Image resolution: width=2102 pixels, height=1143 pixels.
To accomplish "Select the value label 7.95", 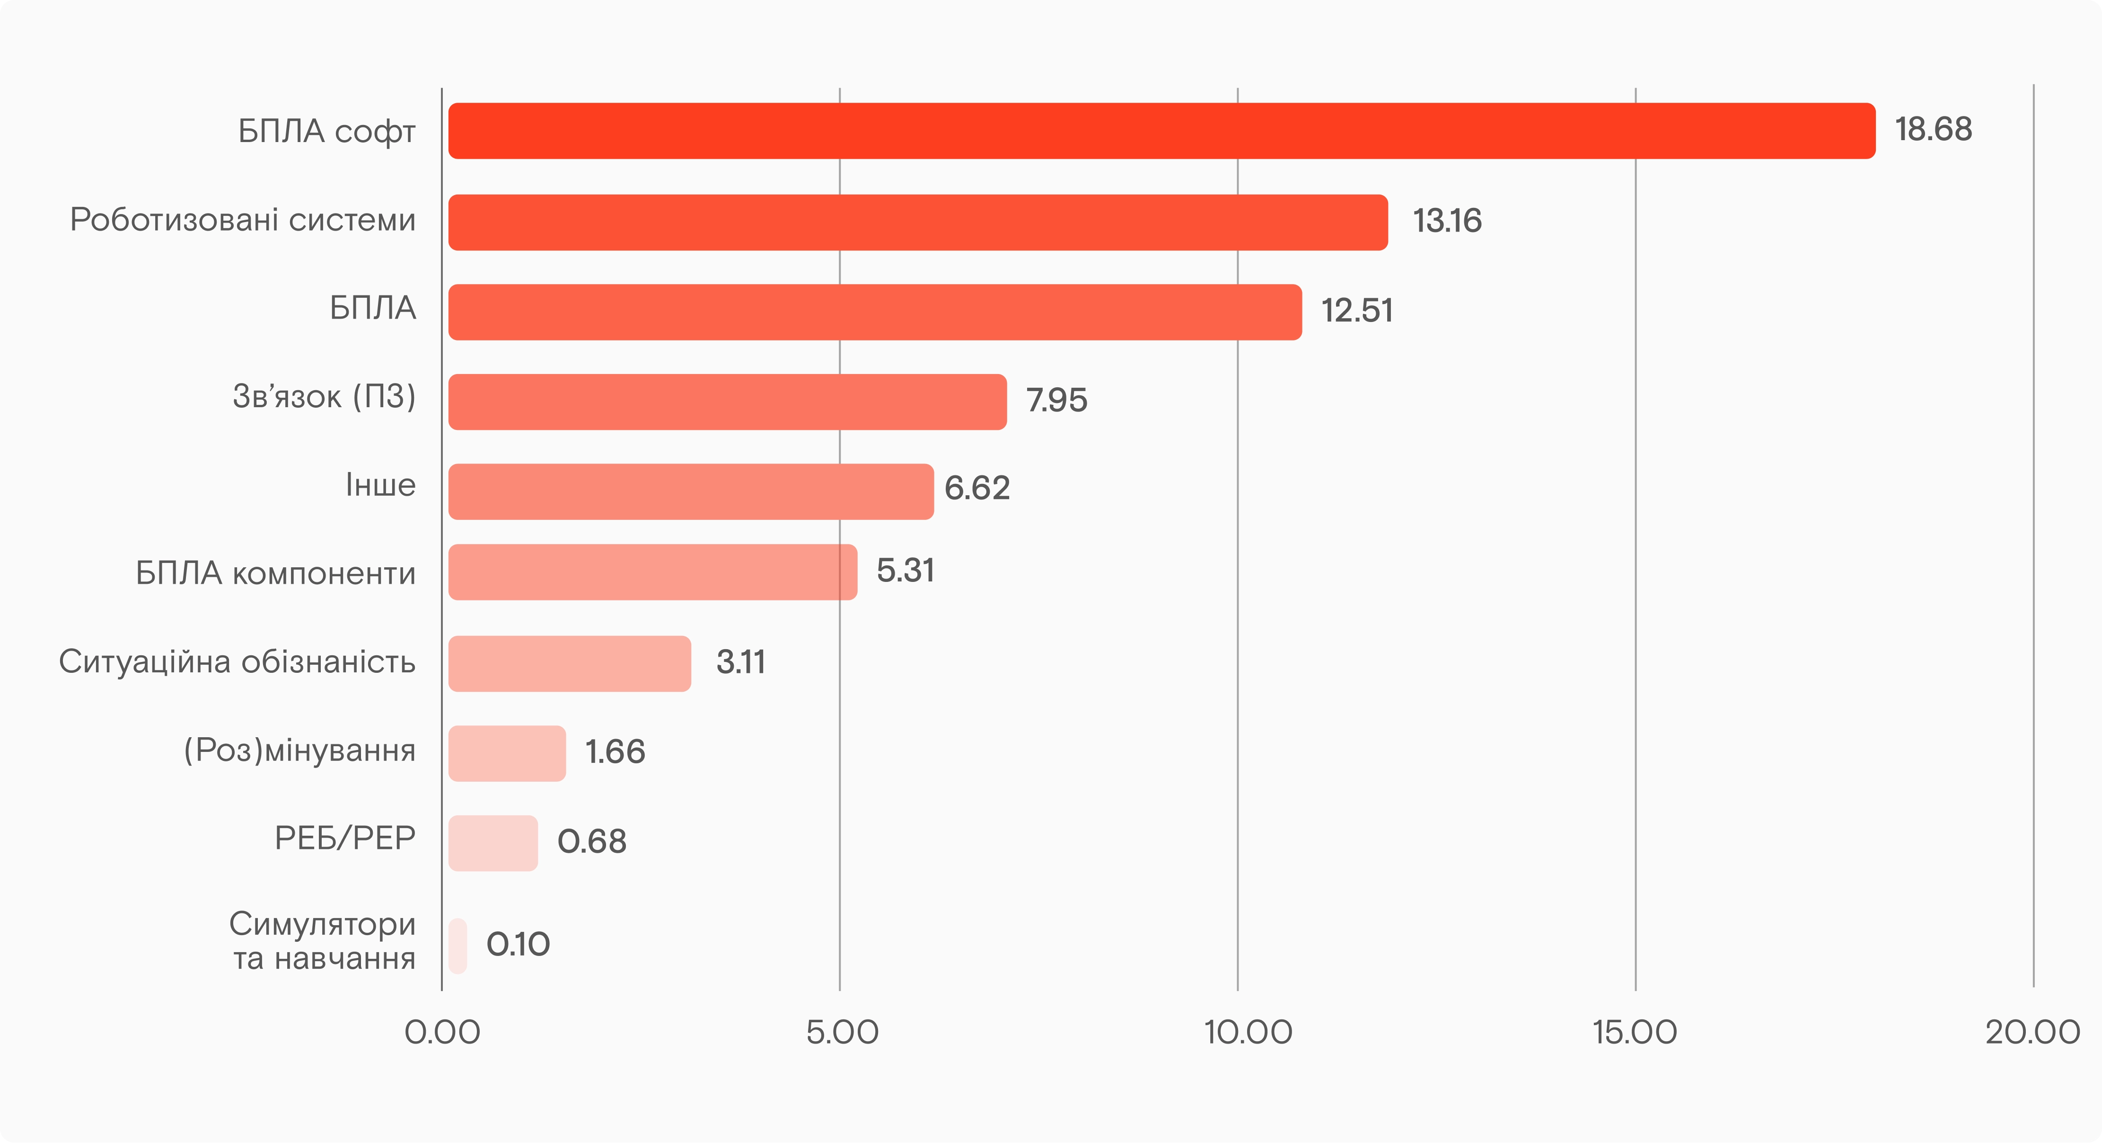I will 1056,400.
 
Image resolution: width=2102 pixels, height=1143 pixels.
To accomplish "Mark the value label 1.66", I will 615,751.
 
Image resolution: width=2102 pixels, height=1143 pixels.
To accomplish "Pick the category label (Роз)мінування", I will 299,750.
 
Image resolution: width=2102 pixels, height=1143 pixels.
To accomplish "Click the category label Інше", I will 380,485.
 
